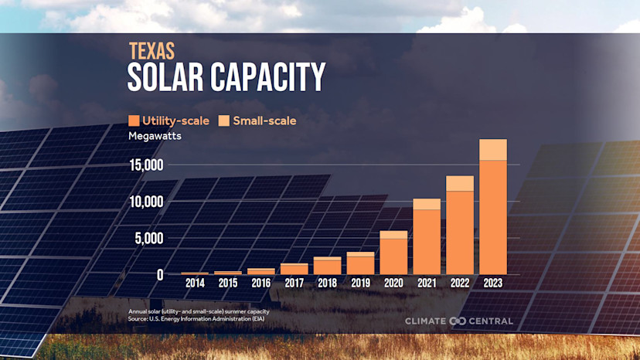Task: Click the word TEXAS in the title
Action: tap(151, 51)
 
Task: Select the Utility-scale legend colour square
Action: tap(134, 121)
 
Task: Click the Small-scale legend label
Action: tap(264, 121)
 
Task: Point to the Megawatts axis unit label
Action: tap(154, 137)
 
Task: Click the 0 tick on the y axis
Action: tap(160, 274)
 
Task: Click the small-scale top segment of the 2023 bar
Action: tap(493, 149)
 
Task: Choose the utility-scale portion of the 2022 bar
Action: tap(460, 232)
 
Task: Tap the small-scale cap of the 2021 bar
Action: tap(427, 204)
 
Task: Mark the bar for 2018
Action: tap(327, 266)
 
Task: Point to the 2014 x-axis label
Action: tap(195, 284)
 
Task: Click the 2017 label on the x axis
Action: tap(294, 284)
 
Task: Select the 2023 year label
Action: tap(493, 284)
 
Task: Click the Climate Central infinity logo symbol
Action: tap(458, 321)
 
